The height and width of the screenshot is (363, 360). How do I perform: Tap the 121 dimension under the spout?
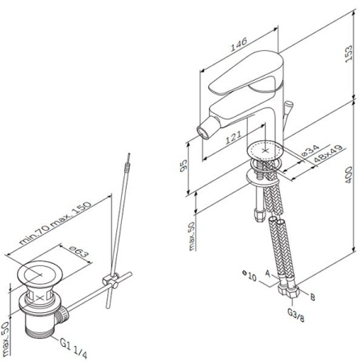pyautogui.click(x=232, y=140)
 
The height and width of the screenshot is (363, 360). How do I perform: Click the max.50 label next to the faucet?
pyautogui.click(x=190, y=236)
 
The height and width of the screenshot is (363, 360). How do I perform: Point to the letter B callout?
pyautogui.click(x=313, y=296)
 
